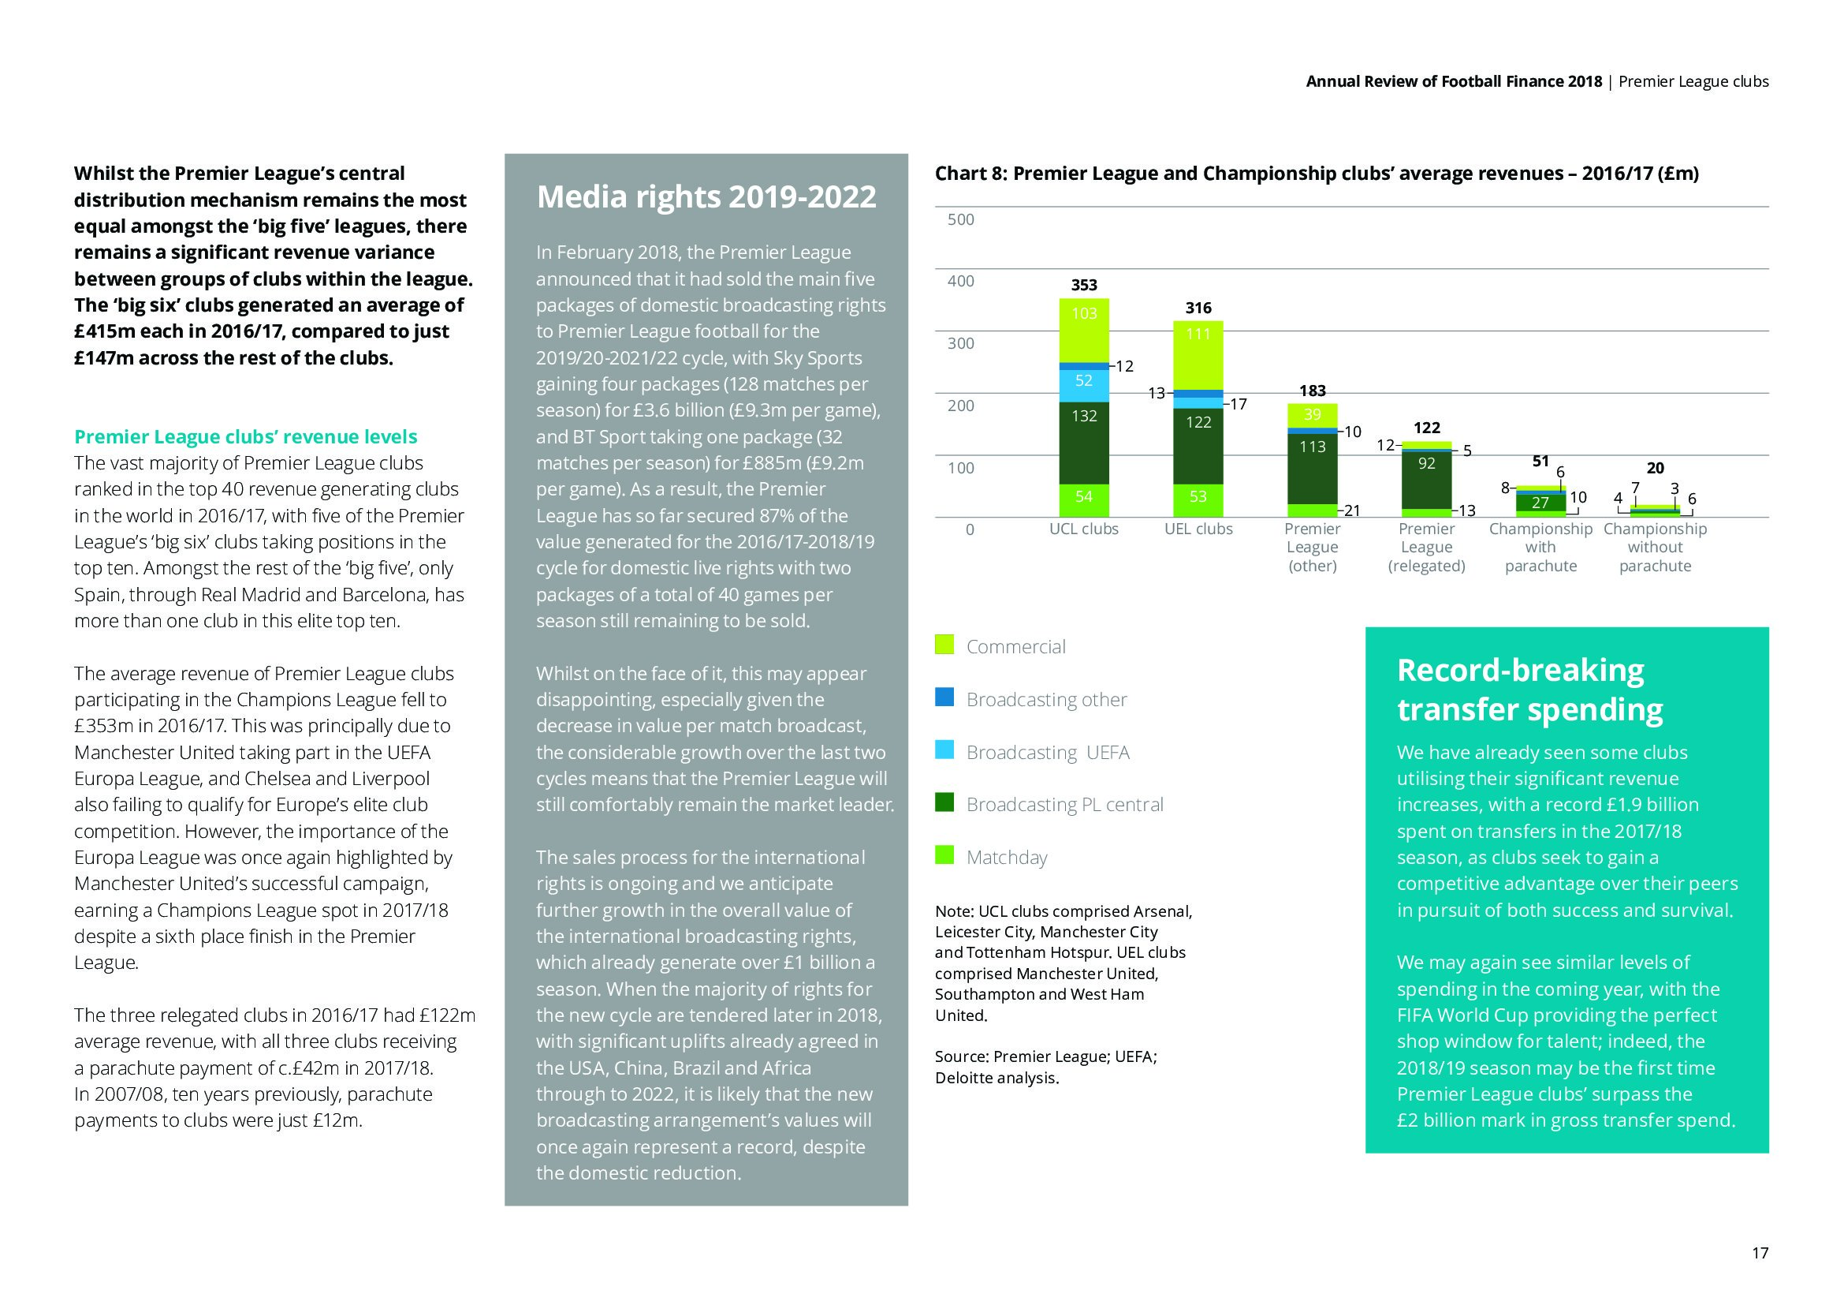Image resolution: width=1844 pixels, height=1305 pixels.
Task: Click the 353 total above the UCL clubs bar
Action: click(1083, 286)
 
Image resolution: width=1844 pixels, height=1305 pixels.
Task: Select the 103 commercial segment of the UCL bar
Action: click(1083, 313)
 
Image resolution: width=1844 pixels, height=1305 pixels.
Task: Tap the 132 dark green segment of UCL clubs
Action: click(1083, 417)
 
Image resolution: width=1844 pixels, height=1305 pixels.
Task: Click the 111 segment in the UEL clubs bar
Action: click(1198, 334)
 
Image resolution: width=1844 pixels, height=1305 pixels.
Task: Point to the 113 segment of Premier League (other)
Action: click(1312, 446)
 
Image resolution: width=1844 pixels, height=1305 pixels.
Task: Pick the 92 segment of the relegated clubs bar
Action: click(1426, 463)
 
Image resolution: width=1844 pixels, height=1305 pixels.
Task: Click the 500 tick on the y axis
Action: click(960, 219)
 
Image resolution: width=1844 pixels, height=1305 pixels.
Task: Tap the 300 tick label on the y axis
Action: click(960, 343)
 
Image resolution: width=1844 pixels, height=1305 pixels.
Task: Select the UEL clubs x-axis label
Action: click(1198, 529)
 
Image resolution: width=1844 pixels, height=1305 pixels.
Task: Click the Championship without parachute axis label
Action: click(1655, 548)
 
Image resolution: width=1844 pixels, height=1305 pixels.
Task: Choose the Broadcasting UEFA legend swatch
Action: click(944, 750)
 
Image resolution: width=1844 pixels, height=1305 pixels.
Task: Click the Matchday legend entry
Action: click(1006, 858)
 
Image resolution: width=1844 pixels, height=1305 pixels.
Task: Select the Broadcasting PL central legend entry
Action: click(1064, 804)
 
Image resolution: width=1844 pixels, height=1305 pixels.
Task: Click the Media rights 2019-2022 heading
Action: click(706, 197)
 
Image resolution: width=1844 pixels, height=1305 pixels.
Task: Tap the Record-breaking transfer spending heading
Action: click(1529, 690)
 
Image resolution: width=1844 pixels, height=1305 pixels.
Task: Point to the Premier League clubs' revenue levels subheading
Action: click(246, 436)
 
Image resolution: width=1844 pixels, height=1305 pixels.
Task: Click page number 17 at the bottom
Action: click(1759, 1253)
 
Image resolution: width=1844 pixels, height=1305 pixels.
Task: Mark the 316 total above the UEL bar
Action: click(1198, 308)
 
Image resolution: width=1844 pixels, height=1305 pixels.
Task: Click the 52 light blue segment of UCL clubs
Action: click(1083, 381)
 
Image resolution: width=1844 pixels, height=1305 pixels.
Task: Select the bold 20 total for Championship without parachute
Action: click(1655, 469)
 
